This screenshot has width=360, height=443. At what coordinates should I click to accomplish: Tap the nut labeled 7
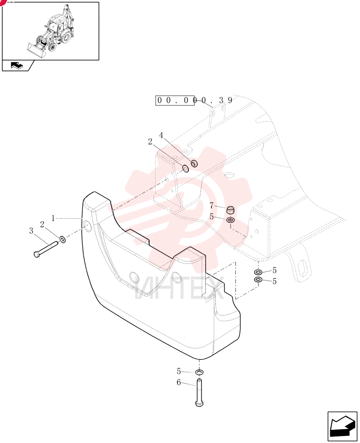coord(231,210)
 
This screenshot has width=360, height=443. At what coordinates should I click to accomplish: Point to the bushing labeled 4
coord(194,163)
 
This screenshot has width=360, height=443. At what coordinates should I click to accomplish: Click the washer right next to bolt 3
coord(63,239)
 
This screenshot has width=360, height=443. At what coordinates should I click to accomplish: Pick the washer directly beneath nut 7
coord(231,220)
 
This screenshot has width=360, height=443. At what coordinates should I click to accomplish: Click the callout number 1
coord(53,218)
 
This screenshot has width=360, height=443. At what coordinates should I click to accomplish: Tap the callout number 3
coord(31,231)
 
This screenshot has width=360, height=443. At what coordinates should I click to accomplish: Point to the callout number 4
coord(161,135)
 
